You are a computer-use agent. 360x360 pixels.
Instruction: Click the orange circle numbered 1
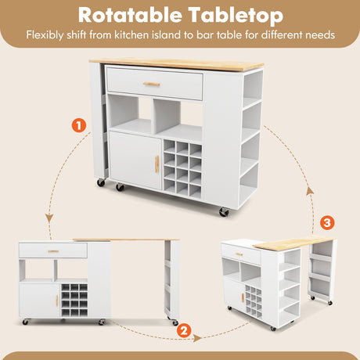click(79, 125)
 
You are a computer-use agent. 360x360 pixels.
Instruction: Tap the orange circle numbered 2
click(184, 331)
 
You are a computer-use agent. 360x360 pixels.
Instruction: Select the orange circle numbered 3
click(327, 222)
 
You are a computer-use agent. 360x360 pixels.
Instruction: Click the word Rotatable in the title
click(130, 15)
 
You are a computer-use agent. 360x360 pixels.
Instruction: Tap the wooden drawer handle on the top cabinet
click(152, 84)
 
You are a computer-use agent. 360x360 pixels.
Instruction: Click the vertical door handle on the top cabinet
click(157, 164)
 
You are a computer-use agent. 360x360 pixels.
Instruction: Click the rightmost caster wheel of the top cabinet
click(224, 212)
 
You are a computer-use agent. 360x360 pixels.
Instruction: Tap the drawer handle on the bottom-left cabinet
click(53, 251)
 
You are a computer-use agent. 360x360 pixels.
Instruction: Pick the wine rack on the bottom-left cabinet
click(74, 301)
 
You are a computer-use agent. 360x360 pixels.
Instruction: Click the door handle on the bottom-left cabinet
click(57, 301)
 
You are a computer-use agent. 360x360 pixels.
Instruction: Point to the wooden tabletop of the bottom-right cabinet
click(294, 242)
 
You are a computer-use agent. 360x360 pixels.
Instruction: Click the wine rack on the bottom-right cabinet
click(254, 301)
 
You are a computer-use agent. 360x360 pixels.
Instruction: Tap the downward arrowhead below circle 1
click(49, 218)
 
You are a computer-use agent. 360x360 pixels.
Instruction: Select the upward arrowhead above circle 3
click(310, 191)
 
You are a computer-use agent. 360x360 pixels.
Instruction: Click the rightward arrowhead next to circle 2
click(197, 338)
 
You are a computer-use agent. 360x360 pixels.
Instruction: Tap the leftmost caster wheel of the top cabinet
click(101, 182)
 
